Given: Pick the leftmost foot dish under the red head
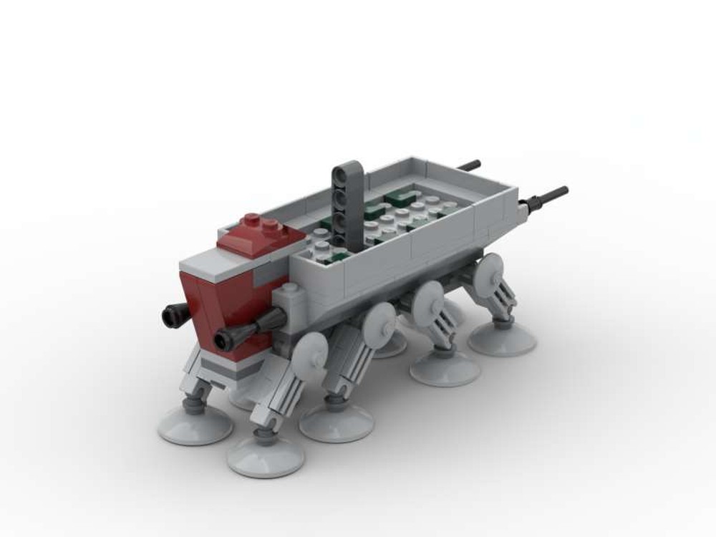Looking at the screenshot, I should point(195,425).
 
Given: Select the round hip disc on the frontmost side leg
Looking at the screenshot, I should point(311,351).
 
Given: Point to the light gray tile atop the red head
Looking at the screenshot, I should point(208,268).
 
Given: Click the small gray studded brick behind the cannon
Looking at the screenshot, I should point(289,298).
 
